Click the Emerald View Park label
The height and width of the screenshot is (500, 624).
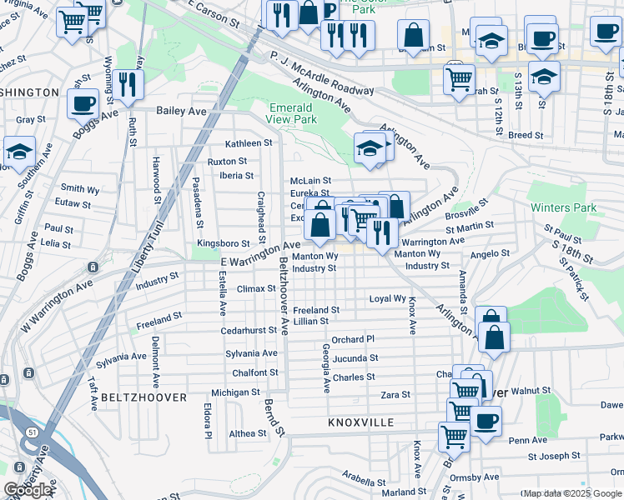coord(291,113)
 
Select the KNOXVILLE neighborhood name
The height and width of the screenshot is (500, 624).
coord(361,422)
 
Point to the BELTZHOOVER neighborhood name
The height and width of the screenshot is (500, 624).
coord(143,398)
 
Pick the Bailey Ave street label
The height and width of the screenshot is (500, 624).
coord(182,109)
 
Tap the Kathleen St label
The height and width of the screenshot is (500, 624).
coord(249,142)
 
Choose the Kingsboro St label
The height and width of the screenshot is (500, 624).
coord(223,243)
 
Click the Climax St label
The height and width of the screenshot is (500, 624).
coord(256,289)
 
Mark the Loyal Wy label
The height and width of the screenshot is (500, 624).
coord(388,298)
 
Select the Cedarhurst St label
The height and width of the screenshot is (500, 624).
coord(249,330)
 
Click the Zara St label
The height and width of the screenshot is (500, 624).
coord(395,394)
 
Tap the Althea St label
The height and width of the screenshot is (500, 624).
coord(248,433)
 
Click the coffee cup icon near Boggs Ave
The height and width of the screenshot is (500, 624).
coord(83,103)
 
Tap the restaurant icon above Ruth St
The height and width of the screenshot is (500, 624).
coord(128,83)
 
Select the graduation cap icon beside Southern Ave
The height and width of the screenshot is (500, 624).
coord(19,152)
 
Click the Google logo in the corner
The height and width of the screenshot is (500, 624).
coord(28,490)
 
